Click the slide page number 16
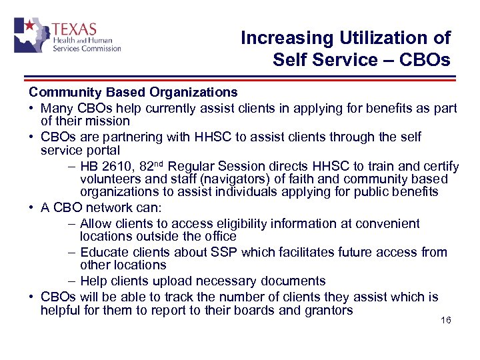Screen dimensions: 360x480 coord(446,321)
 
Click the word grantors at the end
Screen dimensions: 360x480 coord(327,310)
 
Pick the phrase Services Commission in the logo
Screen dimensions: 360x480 coord(86,48)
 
